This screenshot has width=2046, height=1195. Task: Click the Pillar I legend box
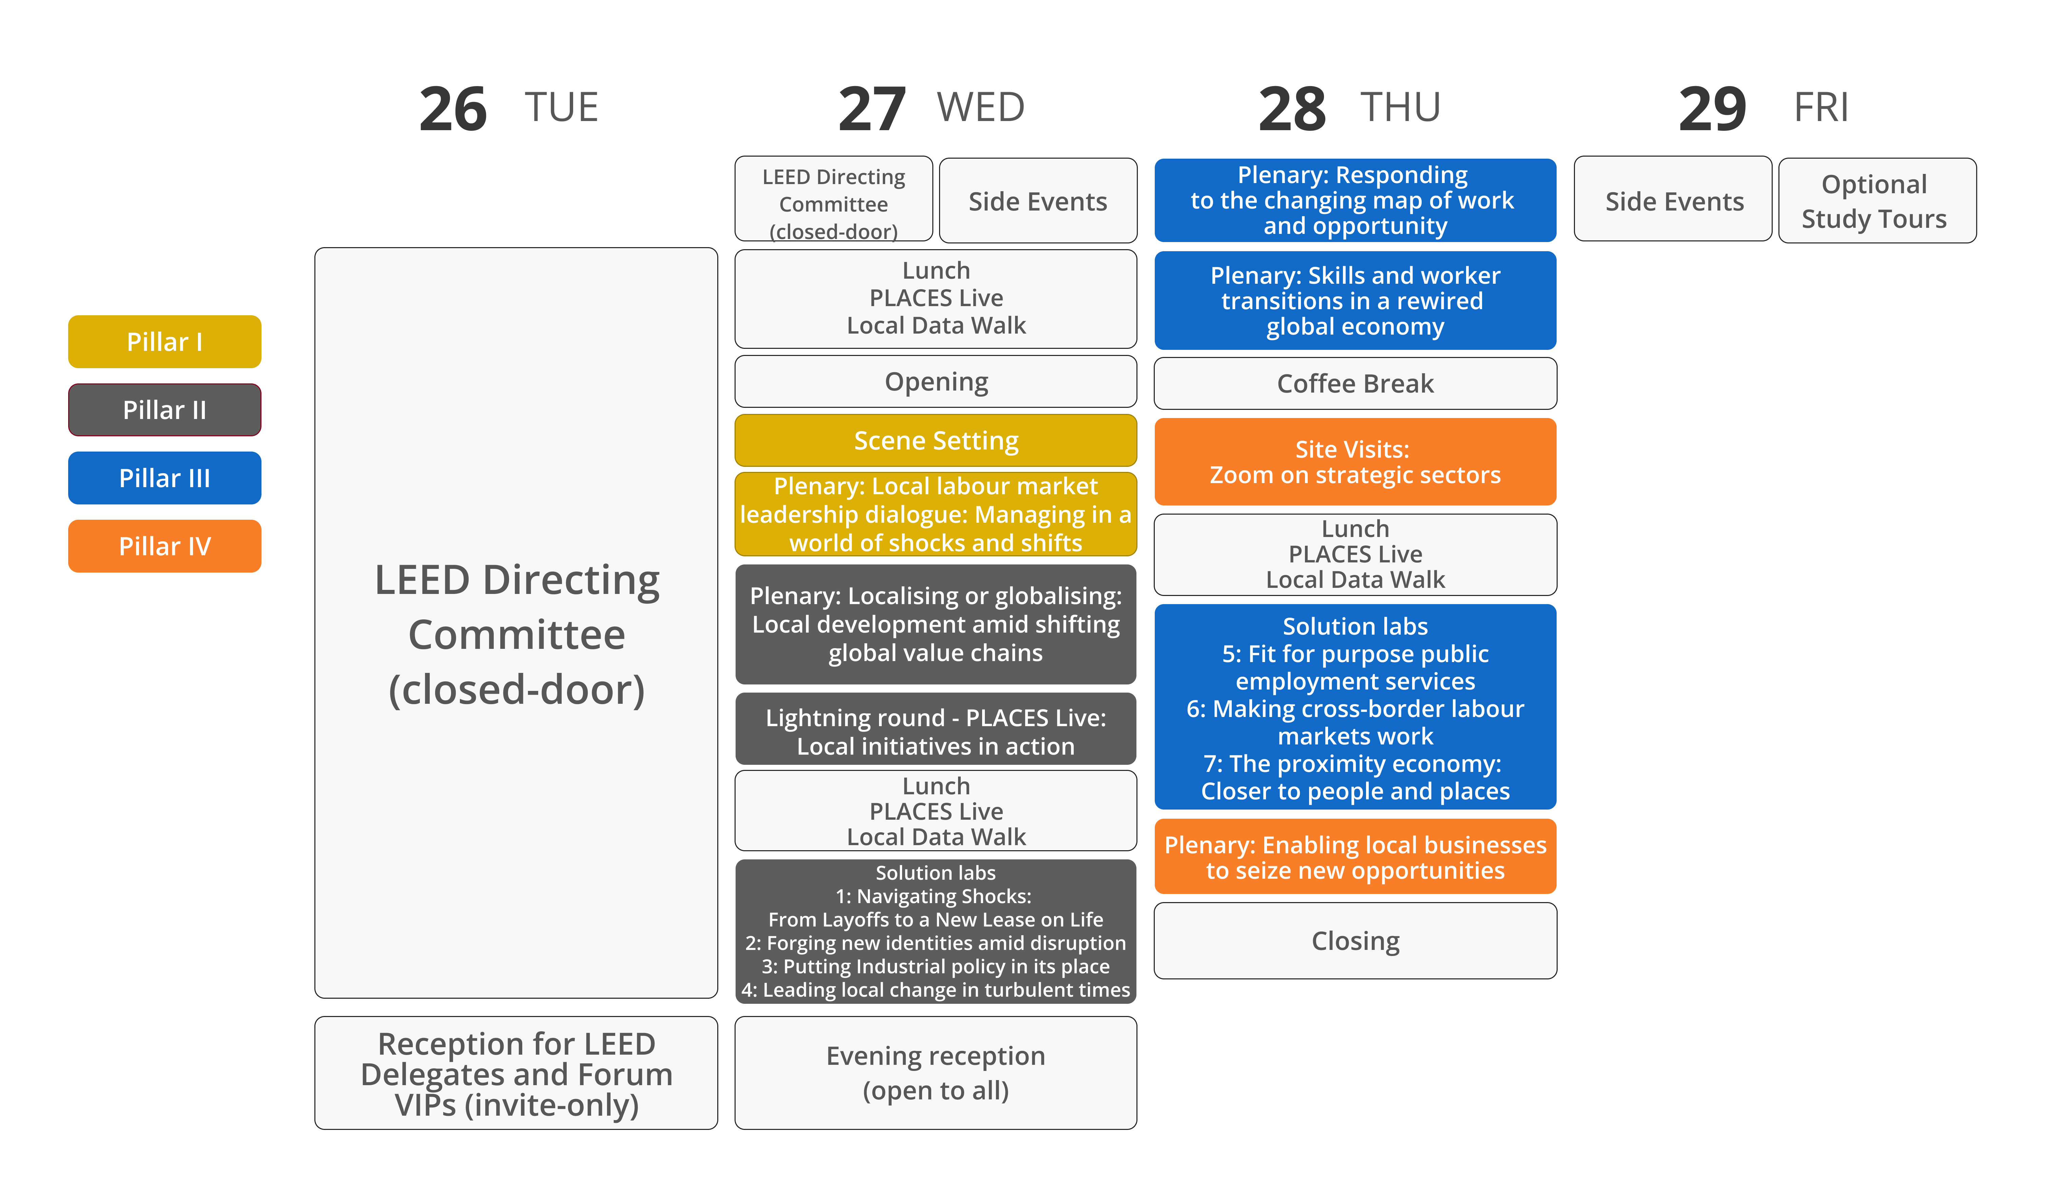(x=165, y=342)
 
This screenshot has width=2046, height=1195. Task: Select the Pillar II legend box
(x=165, y=410)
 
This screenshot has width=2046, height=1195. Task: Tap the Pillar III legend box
(x=165, y=478)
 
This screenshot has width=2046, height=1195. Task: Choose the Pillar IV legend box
(x=165, y=546)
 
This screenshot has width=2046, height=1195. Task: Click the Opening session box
(x=936, y=382)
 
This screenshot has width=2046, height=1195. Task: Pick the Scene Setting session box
(x=936, y=441)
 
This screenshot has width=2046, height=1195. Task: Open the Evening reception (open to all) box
(x=936, y=1072)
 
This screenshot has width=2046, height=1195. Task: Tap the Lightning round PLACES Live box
(x=936, y=729)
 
